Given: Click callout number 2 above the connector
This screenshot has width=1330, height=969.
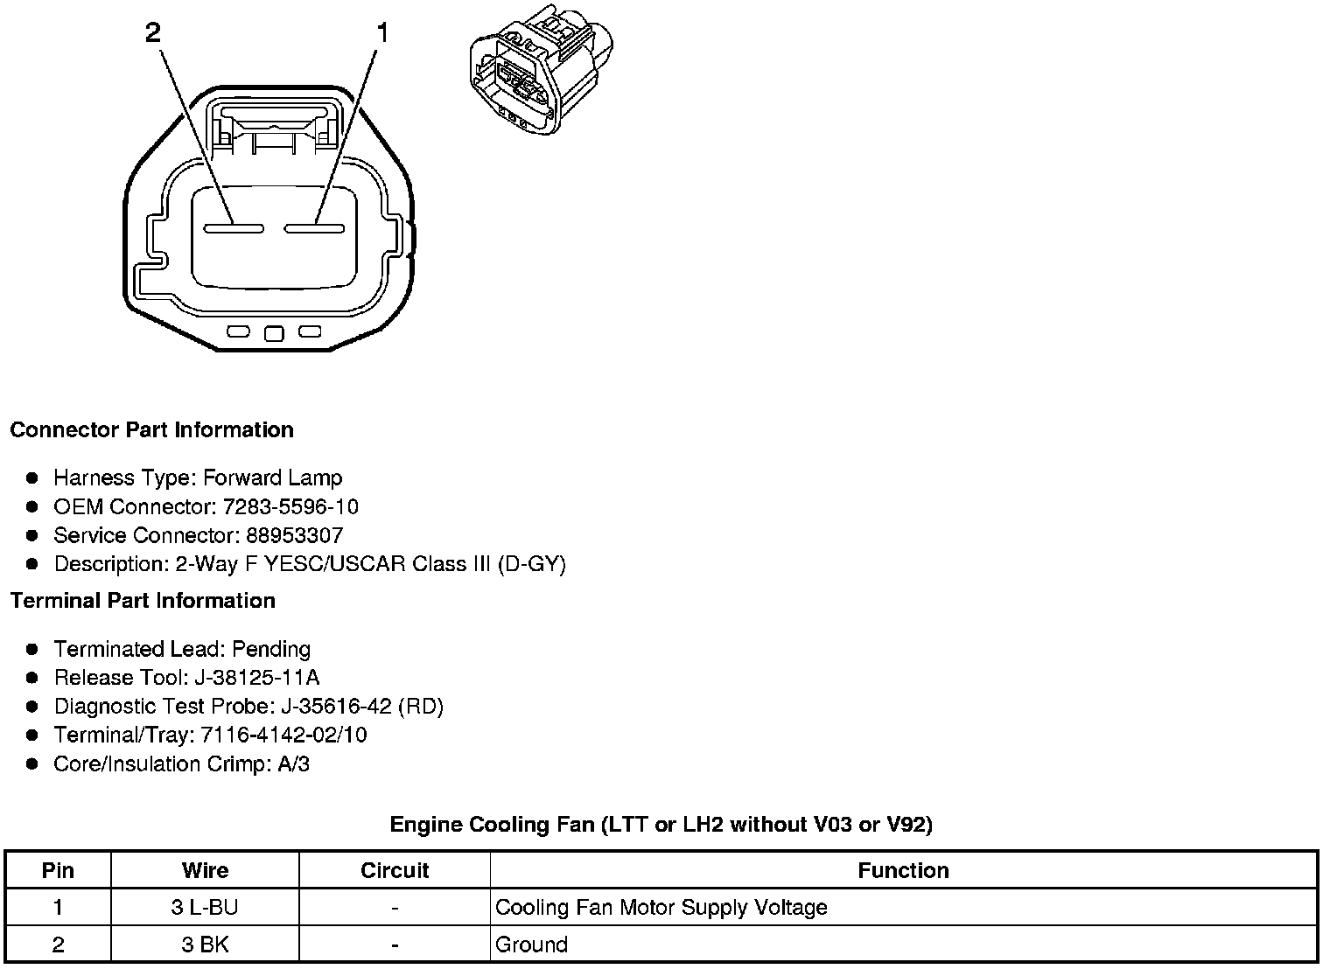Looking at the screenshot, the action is click(x=153, y=33).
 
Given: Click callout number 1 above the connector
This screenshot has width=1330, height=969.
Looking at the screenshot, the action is click(x=381, y=33).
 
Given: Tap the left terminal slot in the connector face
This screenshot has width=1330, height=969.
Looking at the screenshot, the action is click(x=234, y=229).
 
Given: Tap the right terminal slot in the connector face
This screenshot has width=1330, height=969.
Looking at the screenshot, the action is click(x=314, y=229).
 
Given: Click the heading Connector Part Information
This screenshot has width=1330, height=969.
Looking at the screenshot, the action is click(x=151, y=430).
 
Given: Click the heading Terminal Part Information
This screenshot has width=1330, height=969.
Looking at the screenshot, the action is click(x=143, y=601).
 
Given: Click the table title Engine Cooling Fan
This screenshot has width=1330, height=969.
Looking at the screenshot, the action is click(x=661, y=825).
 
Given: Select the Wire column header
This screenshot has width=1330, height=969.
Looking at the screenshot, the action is click(x=205, y=871).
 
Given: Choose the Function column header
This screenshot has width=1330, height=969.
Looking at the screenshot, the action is click(x=903, y=871).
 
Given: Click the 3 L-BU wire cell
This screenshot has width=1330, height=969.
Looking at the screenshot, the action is click(x=205, y=908).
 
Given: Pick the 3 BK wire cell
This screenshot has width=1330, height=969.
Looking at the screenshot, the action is click(x=205, y=945).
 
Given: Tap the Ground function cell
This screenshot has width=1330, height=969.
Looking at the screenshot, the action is click(x=532, y=945).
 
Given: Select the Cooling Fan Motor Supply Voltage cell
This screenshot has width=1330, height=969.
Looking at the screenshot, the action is click(x=661, y=908).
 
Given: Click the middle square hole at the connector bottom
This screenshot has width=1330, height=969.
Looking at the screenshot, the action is click(x=274, y=333).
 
